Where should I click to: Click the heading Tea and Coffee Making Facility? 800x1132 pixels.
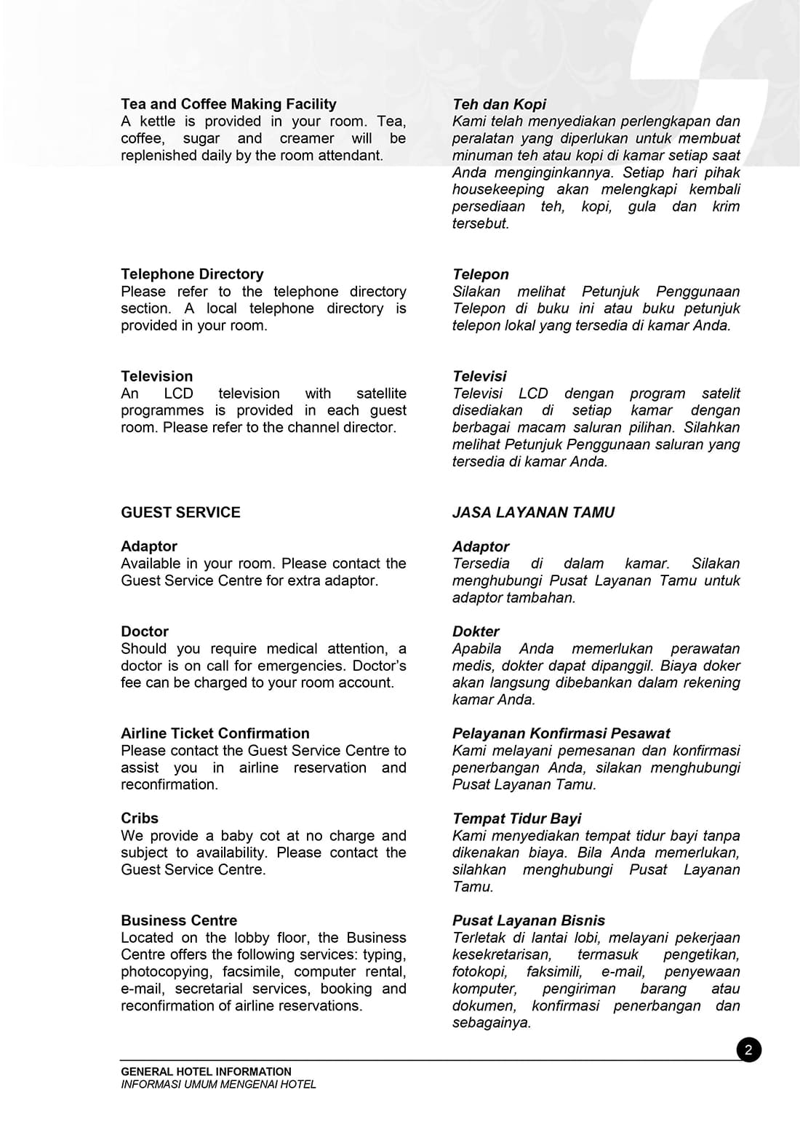pyautogui.click(x=228, y=104)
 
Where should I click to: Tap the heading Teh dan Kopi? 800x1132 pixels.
pyautogui.click(x=499, y=104)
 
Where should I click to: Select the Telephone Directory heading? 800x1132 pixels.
pyautogui.click(x=192, y=274)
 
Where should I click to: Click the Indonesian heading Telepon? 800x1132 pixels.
pyautogui.click(x=480, y=274)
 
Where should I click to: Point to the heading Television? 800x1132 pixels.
pyautogui.click(x=157, y=376)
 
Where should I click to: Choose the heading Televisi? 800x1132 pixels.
pyautogui.click(x=479, y=376)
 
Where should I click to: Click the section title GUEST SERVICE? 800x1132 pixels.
pyautogui.click(x=180, y=512)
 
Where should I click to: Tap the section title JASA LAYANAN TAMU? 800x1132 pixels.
pyautogui.click(x=533, y=512)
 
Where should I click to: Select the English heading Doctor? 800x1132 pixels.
pyautogui.click(x=145, y=631)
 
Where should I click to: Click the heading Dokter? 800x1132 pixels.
pyautogui.click(x=476, y=631)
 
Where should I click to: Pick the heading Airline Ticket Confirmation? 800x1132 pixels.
pyautogui.click(x=215, y=733)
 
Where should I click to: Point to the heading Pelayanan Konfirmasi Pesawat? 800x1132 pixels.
pyautogui.click(x=561, y=733)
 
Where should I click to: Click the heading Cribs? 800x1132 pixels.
pyautogui.click(x=140, y=818)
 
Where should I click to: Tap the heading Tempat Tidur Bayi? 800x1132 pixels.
pyautogui.click(x=516, y=818)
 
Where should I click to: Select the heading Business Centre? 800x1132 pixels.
pyautogui.click(x=179, y=920)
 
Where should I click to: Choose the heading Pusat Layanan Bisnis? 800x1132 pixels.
pyautogui.click(x=528, y=920)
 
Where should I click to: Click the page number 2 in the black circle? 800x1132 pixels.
pyautogui.click(x=748, y=1050)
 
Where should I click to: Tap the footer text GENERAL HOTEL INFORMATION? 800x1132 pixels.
pyautogui.click(x=206, y=1072)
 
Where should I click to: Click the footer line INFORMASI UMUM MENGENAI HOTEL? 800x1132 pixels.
pyautogui.click(x=218, y=1084)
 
